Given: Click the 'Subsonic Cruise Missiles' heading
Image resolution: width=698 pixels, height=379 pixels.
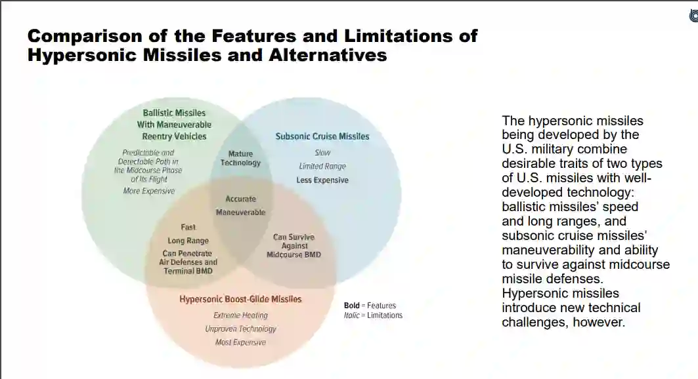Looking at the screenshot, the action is coord(322,136).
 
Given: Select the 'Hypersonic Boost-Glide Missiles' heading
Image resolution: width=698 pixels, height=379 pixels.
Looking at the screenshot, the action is coord(240,299).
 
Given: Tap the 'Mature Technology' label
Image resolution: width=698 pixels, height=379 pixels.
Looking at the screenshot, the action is coord(240,159).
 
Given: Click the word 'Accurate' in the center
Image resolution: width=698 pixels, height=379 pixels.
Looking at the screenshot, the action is coord(241,199).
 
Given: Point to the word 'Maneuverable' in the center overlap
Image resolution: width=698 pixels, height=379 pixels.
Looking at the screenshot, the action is coord(241,212).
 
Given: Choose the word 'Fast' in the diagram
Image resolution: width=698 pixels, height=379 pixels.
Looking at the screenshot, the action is coord(188,228).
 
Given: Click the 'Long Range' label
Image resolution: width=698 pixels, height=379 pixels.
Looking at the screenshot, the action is coord(188,241).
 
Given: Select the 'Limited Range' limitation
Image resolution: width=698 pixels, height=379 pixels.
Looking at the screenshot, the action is coord(322,167).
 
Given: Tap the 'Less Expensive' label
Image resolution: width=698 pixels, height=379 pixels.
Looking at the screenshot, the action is coord(322,180).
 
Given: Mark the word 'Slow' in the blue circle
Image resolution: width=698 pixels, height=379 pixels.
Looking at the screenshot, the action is coord(322,153).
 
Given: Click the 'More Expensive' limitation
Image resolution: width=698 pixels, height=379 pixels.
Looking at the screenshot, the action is coord(149,191).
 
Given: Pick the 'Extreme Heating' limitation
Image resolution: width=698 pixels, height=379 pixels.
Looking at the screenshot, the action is coord(240,315).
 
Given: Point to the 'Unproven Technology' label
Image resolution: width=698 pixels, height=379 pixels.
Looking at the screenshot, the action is coord(240,329).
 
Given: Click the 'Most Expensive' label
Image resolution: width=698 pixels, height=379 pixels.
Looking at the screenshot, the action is coord(240,342).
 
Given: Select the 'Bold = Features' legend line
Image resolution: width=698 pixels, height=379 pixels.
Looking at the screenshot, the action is coord(370,306).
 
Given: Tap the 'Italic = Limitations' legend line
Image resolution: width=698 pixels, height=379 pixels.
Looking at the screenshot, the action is coord(373,315).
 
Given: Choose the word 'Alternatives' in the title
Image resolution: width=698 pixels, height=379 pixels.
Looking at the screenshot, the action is coord(328,55).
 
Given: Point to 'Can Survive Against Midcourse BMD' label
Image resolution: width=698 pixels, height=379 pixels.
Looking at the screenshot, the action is coord(294,246).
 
